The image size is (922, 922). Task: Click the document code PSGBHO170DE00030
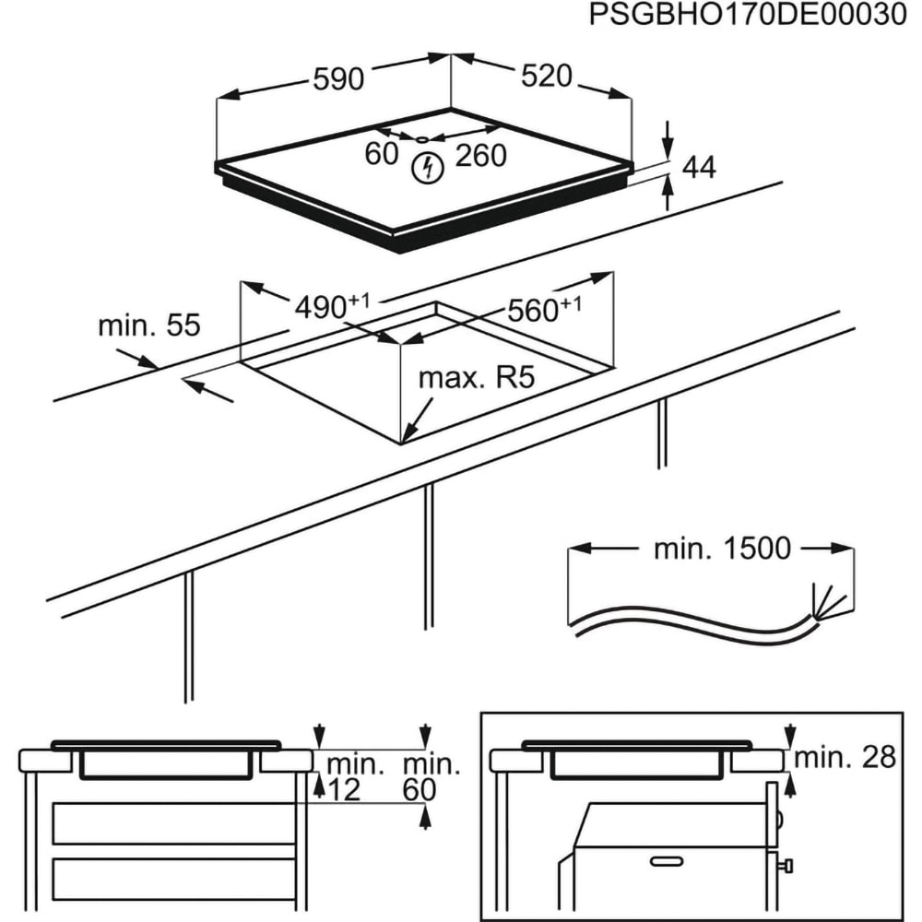pos(747,17)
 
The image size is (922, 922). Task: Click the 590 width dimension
pos(338,80)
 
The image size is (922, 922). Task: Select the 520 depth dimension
pos(547,77)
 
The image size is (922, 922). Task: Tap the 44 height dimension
pos(699,167)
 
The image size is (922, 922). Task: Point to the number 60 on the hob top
pos(381,155)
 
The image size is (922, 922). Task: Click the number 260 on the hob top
pos(481,156)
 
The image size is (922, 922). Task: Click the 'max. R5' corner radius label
pos(477,379)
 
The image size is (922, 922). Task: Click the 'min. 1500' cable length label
pos(722,549)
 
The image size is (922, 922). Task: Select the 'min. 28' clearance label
pos(845,758)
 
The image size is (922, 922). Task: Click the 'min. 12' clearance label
pos(355,776)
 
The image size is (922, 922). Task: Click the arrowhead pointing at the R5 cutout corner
pos(409,432)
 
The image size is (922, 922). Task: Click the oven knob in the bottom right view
pos(786,864)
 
